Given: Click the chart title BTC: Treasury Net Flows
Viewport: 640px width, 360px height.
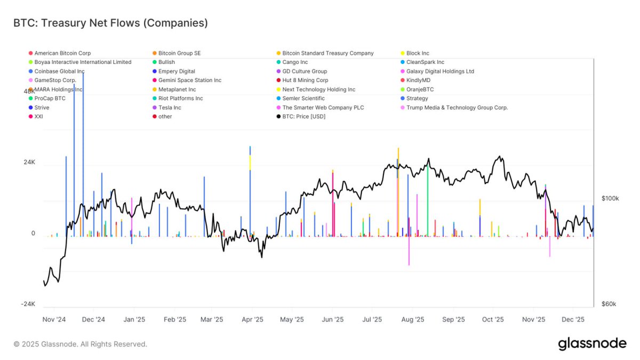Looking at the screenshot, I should click(110, 23).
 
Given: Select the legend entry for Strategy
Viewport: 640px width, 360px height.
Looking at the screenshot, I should click(417, 98).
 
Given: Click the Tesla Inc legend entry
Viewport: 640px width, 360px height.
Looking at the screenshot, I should click(170, 107).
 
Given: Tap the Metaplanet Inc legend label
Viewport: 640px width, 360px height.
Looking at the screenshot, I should click(177, 89).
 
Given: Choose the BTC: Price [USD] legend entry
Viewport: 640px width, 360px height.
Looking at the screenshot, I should click(303, 116).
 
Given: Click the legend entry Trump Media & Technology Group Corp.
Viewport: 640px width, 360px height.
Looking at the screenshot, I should click(457, 107).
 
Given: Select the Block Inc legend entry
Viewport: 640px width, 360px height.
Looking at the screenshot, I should click(418, 53).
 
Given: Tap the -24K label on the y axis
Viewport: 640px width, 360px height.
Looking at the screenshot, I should click(28, 304).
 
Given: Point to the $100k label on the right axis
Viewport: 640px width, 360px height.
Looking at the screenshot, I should click(610, 198).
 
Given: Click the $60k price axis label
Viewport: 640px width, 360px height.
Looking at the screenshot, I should click(609, 304).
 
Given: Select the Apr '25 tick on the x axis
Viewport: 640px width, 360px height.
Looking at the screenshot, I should click(252, 320).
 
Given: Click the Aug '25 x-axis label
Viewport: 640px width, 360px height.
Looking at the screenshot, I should click(412, 320).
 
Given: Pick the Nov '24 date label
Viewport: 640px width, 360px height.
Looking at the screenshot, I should click(54, 320).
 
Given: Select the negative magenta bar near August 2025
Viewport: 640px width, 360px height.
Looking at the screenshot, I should click(409, 251).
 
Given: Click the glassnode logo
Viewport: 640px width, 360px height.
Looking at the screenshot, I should click(592, 344).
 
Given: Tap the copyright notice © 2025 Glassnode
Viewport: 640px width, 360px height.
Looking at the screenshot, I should click(80, 345).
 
